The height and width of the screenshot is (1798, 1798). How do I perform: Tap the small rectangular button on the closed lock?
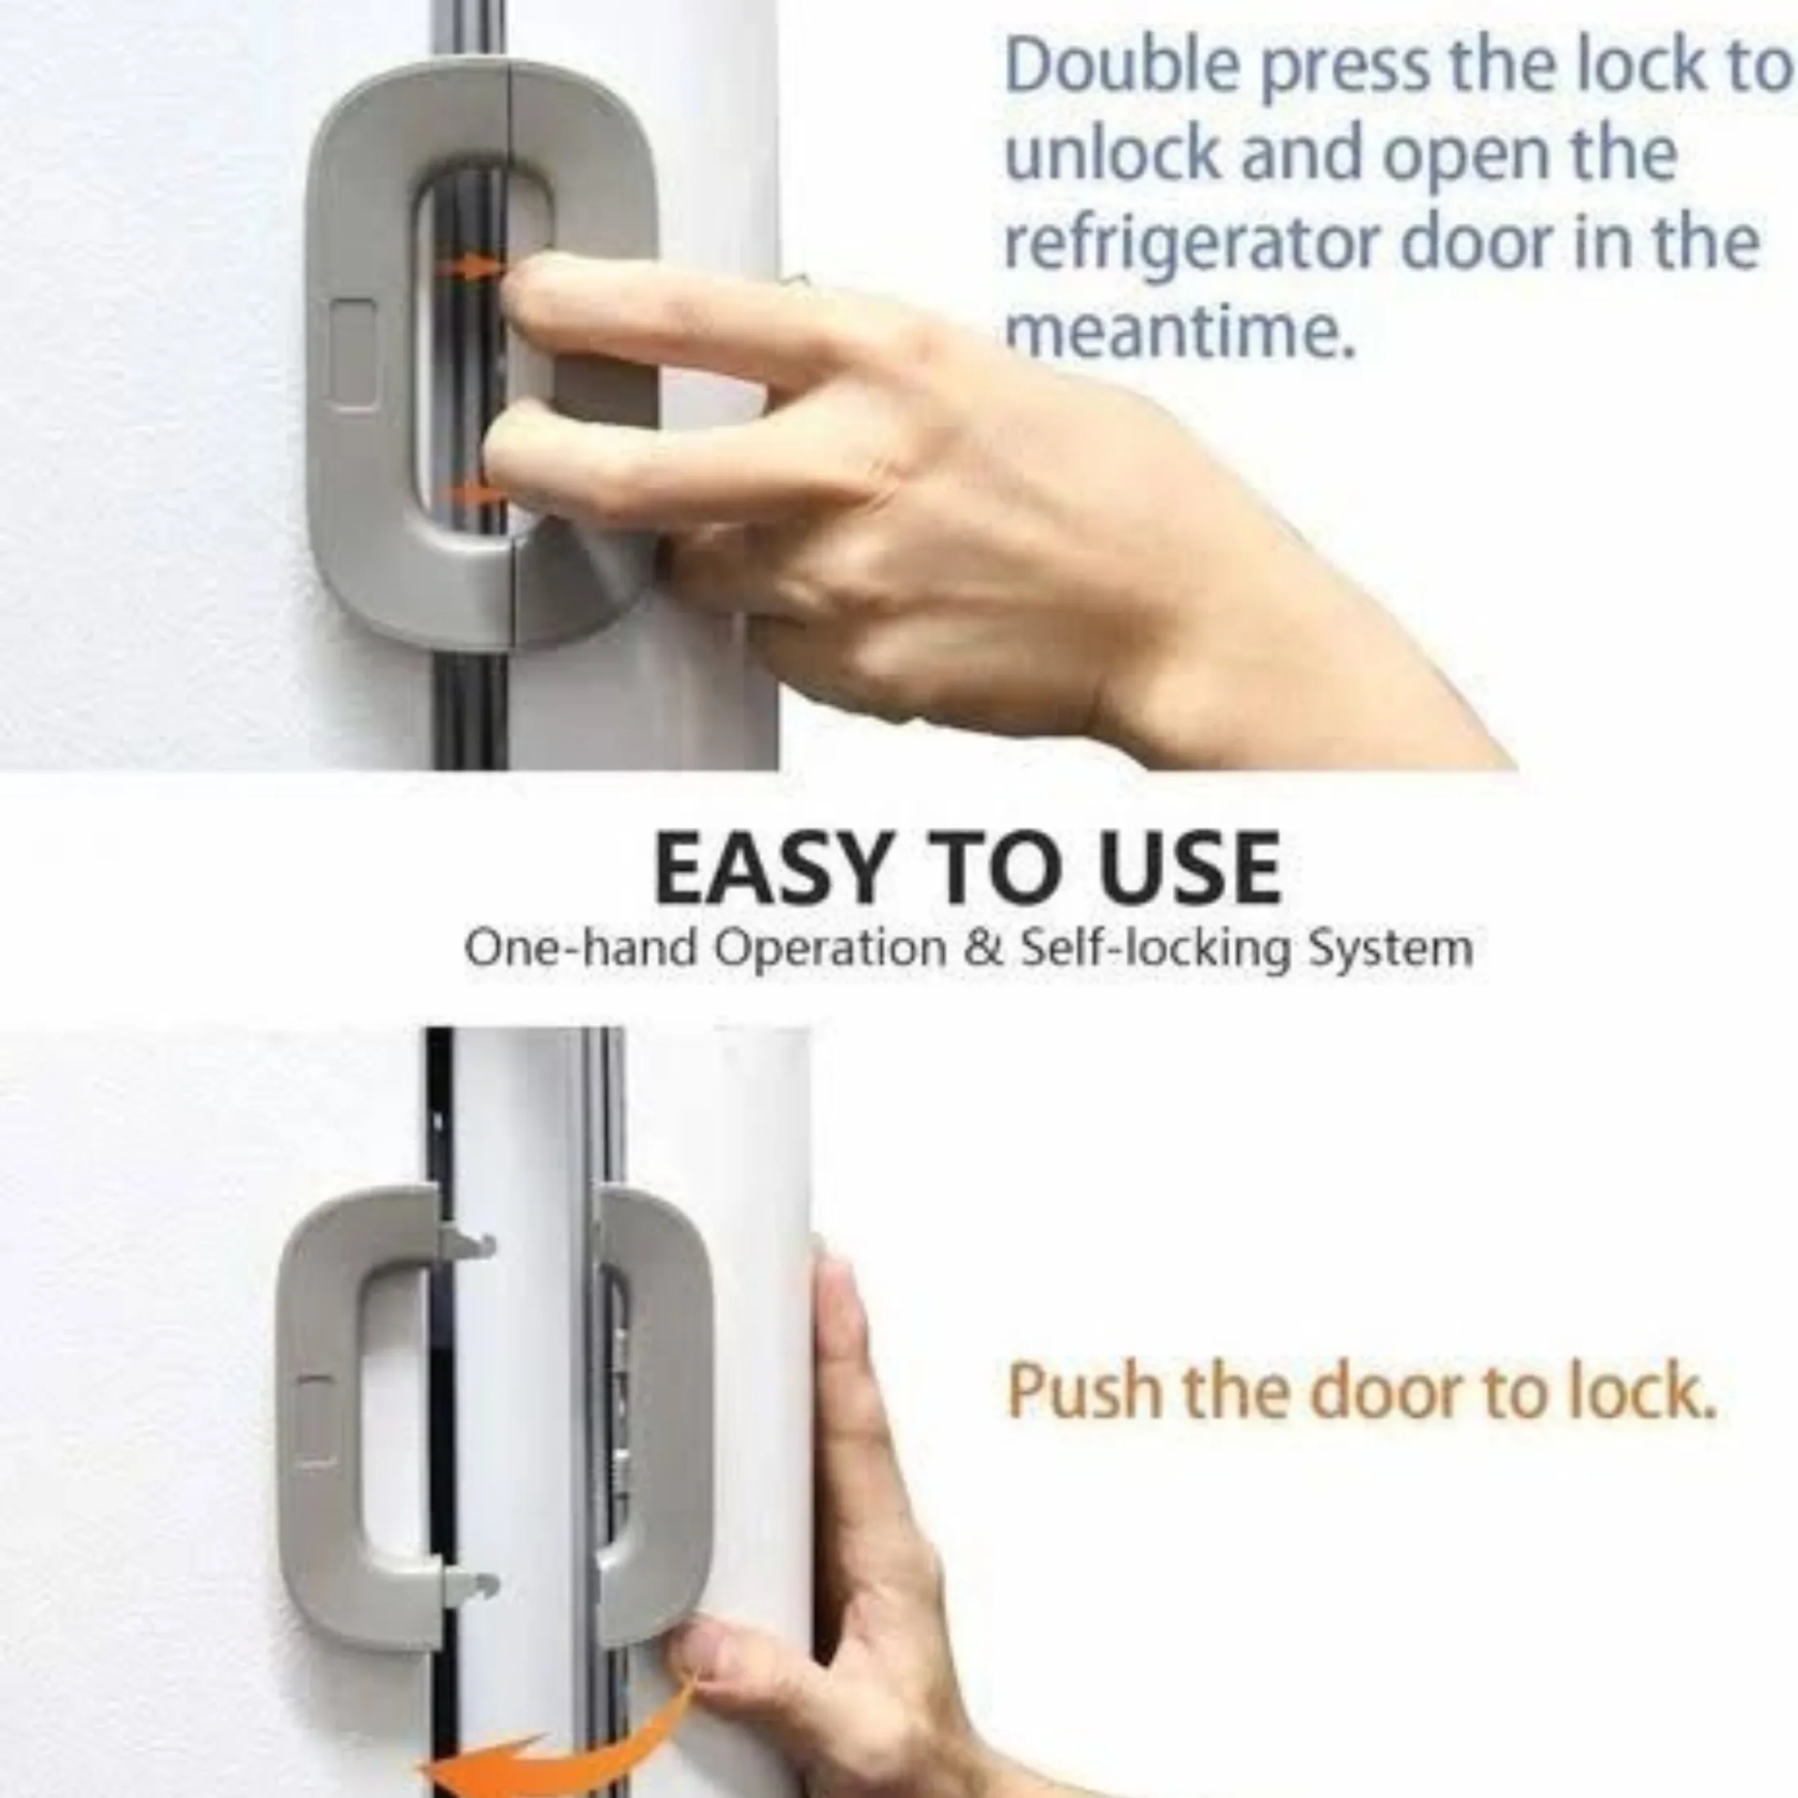click(x=354, y=356)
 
